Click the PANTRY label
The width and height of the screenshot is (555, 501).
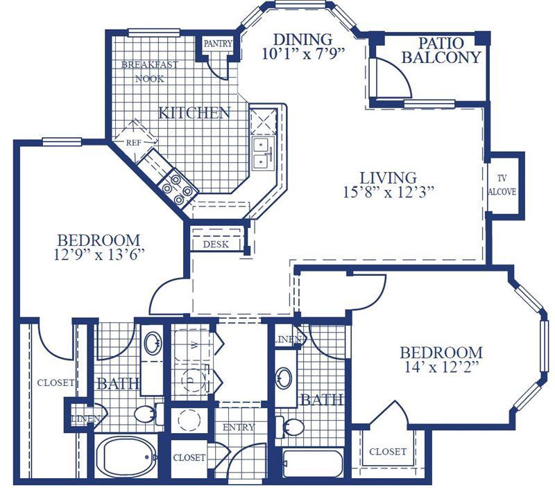217,44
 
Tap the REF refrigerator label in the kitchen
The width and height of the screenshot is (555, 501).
133,141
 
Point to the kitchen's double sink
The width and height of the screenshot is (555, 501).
262,153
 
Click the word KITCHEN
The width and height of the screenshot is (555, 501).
194,112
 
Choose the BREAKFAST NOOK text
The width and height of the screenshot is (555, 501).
149,71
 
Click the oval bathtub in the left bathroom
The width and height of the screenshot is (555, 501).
126,458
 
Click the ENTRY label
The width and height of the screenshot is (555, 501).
238,427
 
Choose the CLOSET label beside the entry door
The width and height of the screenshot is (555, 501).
189,457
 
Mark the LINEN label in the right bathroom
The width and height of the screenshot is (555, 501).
289,340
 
